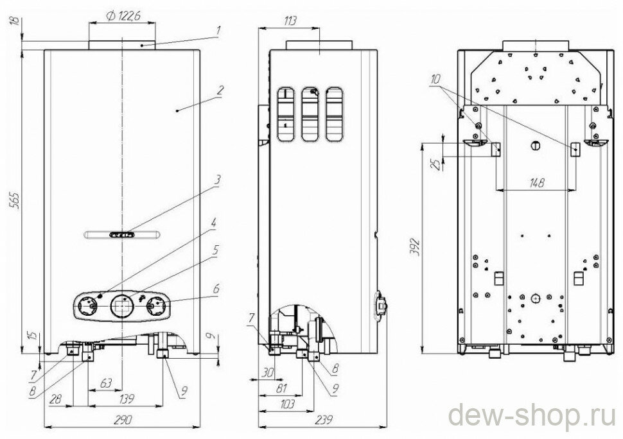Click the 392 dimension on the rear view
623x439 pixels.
coord(414,246)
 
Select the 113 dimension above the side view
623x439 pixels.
coord(289,22)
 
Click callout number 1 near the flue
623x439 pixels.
coord(218,30)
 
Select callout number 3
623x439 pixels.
coord(218,180)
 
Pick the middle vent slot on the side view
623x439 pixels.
coord(311,114)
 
